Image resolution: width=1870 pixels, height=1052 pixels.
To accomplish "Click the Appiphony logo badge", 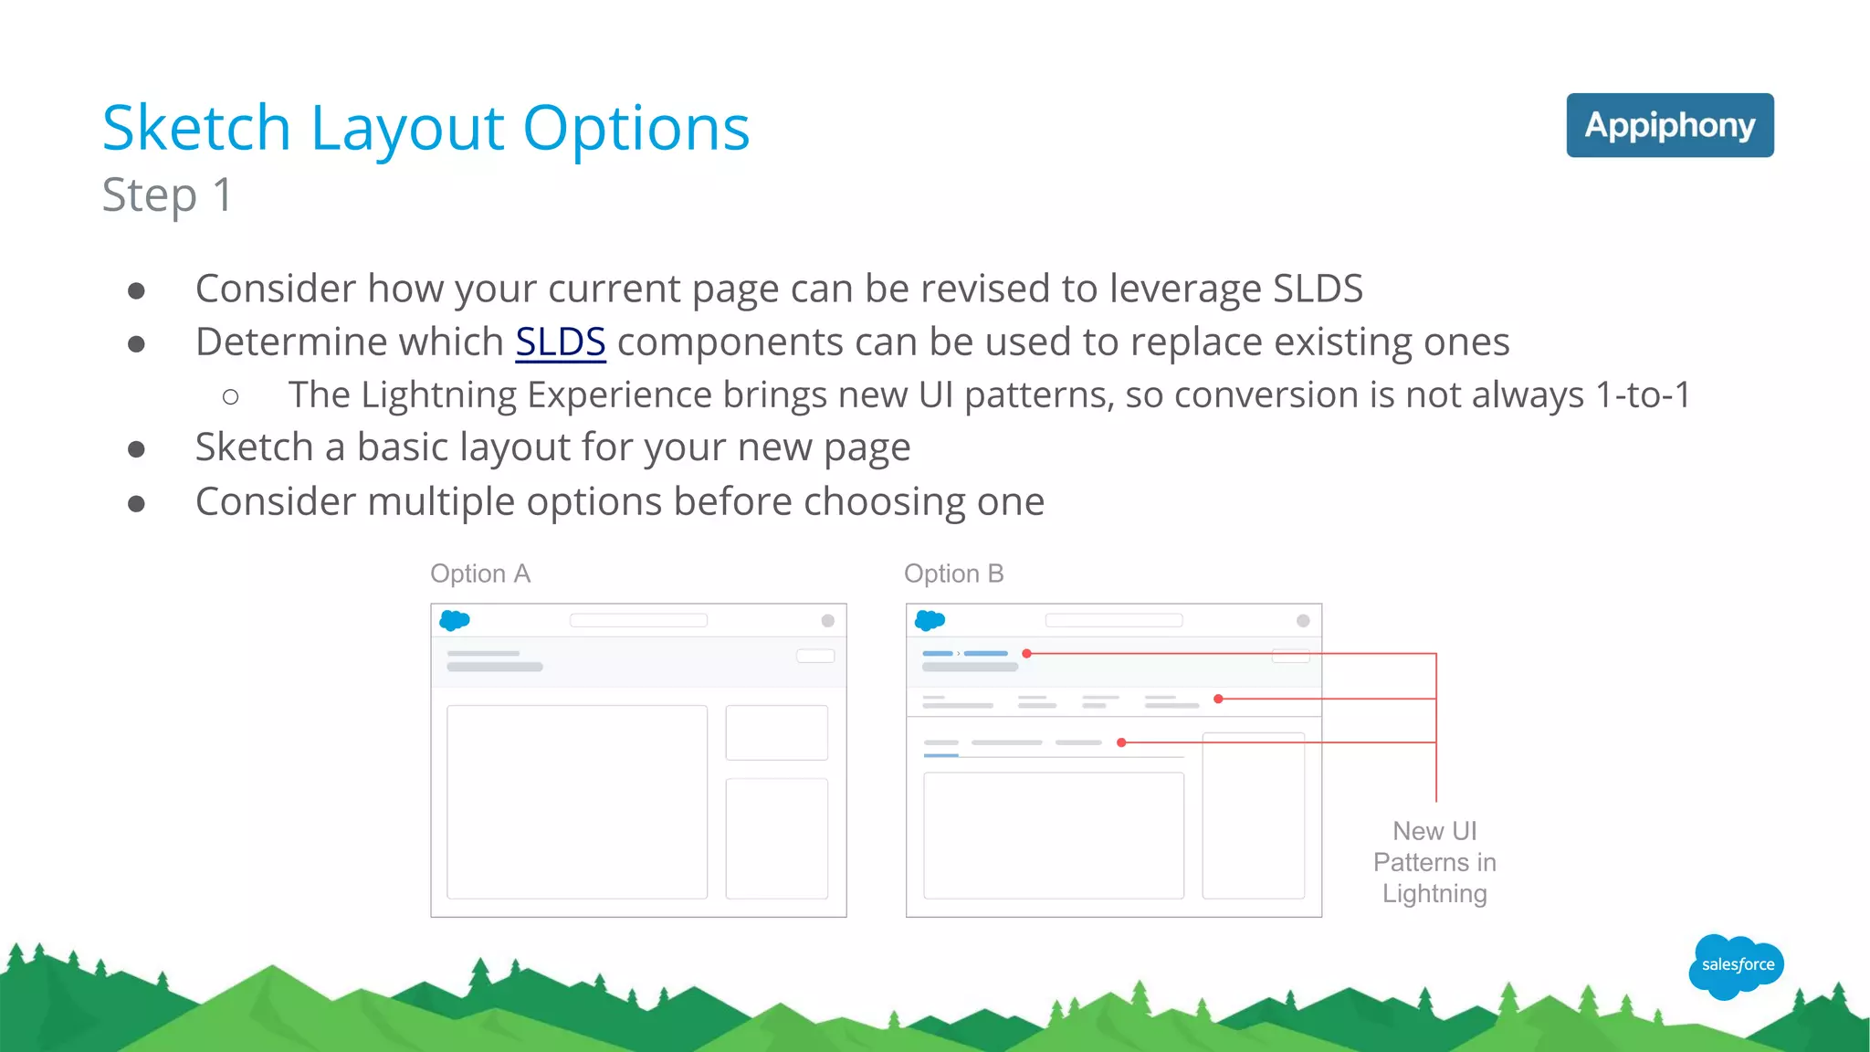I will coord(1669,125).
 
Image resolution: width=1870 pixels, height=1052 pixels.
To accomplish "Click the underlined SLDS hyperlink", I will coord(560,342).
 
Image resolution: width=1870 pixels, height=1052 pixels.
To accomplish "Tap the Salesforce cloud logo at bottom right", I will coord(1737,965).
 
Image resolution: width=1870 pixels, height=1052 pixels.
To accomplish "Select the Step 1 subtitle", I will coord(167,195).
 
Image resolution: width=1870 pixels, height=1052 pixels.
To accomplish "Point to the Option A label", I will coord(480,573).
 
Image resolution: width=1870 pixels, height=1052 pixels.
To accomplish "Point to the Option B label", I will coord(953,573).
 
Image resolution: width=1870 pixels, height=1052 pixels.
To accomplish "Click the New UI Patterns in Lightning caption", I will coord(1434,862).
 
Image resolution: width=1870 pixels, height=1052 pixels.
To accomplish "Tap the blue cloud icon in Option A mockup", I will coord(454,621).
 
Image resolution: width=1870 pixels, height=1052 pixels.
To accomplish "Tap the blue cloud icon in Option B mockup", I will coord(930,621).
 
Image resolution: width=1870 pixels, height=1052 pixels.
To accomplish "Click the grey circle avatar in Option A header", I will coord(828,621).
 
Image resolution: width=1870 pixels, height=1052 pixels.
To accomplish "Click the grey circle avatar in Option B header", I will coord(1303,621).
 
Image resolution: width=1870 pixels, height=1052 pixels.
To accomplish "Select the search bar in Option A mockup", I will coord(638,621).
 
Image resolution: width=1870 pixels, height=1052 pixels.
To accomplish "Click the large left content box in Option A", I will coord(577,802).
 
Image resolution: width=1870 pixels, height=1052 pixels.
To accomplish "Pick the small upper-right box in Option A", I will coord(776,732).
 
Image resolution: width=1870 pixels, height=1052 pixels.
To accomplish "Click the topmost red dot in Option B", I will coord(1027,654).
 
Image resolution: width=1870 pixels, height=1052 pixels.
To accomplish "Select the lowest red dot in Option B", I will coord(1121,742).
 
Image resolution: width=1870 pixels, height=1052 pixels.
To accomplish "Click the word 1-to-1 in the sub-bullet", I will coord(1642,395).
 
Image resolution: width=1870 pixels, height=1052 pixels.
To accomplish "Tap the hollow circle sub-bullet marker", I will coord(230,396).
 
